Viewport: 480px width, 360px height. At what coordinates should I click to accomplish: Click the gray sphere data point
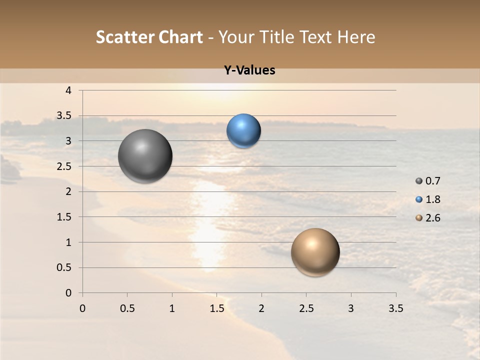(145, 156)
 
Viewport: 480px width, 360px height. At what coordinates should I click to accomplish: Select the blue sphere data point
(243, 131)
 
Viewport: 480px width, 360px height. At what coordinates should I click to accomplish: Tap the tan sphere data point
(315, 252)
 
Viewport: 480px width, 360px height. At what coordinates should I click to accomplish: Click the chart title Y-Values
(249, 70)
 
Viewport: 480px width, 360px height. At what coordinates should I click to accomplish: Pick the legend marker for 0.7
(419, 181)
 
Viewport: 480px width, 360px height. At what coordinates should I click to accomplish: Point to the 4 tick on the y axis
(68, 90)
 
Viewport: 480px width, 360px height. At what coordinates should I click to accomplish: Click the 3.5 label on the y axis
(64, 116)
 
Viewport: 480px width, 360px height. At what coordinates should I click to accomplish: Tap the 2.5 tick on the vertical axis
(64, 166)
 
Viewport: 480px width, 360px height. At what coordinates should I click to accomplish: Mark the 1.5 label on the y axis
(64, 217)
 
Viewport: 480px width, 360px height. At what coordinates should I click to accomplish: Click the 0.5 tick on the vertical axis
(64, 267)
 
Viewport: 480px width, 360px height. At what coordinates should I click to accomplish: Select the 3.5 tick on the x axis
(395, 308)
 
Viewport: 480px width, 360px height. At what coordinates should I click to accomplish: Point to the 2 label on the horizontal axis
(261, 308)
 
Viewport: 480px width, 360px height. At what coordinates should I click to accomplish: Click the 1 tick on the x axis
(172, 308)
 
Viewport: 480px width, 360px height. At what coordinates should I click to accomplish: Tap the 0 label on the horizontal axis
(82, 308)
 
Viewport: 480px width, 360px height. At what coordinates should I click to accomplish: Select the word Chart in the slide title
(179, 37)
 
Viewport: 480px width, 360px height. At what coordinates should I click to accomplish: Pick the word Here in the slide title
(356, 37)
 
